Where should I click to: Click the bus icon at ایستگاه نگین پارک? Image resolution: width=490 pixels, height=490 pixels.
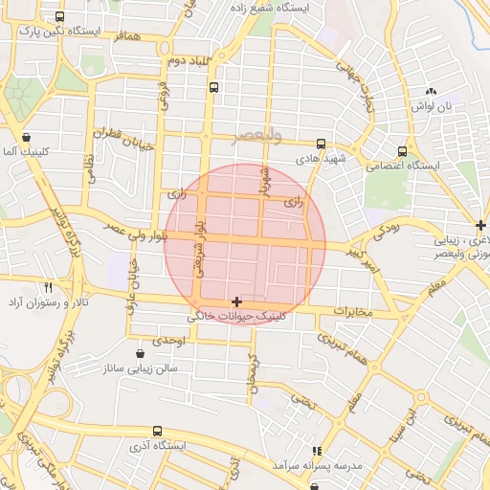coord(61,16)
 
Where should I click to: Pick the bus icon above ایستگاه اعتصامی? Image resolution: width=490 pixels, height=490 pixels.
coord(402,150)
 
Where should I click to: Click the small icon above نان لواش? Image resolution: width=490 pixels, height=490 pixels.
coord(430,92)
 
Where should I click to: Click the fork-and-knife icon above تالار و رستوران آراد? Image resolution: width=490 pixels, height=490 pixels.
coord(48,286)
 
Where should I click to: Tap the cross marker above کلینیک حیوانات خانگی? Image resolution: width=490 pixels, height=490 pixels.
coord(237,301)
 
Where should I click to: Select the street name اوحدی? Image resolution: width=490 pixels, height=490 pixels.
coord(168,340)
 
